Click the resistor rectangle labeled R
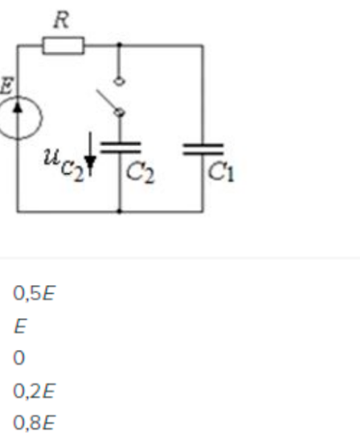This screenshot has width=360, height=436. point(63,45)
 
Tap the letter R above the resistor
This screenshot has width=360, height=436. point(62,20)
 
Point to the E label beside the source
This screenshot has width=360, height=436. point(6,86)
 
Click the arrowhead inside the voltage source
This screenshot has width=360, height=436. point(18,107)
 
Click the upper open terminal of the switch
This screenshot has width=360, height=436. point(120,82)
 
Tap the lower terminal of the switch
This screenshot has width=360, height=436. point(120,112)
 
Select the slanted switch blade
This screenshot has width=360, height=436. point(107,100)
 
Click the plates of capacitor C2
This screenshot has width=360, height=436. point(120,148)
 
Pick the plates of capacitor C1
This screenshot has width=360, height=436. point(202,149)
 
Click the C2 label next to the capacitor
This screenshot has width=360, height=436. point(140,174)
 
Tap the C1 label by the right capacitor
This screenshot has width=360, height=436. point(221,173)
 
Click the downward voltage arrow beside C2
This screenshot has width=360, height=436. point(90,153)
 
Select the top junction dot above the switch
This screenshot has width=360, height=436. point(120,44)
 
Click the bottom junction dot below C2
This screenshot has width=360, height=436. point(120,212)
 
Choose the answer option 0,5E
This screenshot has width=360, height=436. point(35,293)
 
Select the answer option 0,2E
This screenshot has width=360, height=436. point(35,391)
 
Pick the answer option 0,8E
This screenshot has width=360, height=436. point(35,422)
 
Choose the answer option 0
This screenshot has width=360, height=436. point(19,357)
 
